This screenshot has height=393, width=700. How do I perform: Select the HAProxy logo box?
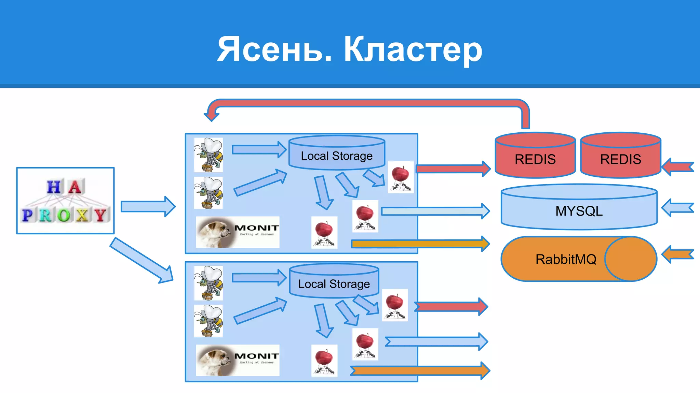[x=65, y=201]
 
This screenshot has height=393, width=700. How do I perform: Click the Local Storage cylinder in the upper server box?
[x=337, y=154]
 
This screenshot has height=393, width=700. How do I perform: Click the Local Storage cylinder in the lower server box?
[x=334, y=281]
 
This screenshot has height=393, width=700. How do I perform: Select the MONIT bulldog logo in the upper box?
[x=238, y=232]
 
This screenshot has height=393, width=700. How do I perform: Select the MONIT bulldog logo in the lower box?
[x=238, y=360]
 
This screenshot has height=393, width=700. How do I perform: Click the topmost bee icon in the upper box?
[x=208, y=155]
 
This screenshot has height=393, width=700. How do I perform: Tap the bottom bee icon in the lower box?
[x=208, y=321]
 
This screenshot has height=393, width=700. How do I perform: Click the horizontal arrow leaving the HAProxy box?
[x=148, y=206]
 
